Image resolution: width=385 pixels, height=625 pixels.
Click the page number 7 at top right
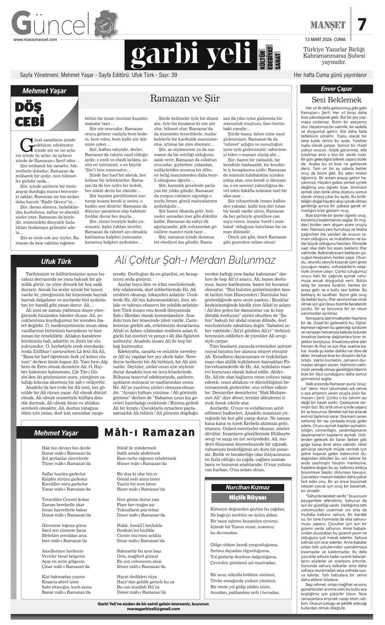362,25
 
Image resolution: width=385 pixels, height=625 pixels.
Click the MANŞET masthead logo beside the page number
328,25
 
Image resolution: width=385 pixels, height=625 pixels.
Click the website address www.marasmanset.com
35,39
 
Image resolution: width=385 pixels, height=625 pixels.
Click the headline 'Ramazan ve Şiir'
185,98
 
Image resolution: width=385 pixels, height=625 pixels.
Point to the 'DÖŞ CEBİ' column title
29,114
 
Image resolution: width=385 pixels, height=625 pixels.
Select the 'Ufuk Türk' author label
56,261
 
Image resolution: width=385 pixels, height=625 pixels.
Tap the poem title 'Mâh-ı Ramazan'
149,432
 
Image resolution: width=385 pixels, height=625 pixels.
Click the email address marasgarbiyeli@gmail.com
153,609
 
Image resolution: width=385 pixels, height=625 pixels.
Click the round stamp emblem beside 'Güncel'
106,23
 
